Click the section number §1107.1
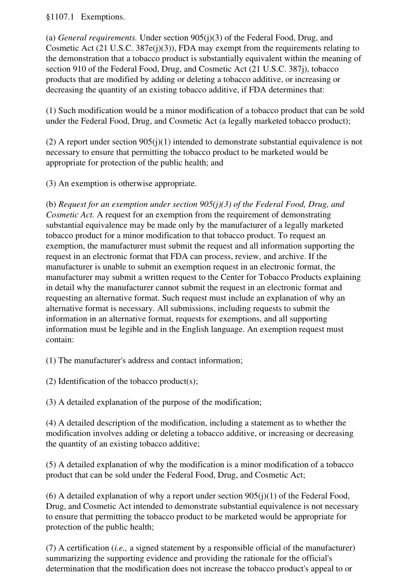point(60,17)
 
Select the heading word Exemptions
point(103,17)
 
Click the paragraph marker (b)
point(51,204)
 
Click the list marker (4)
point(51,423)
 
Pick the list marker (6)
point(51,496)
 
